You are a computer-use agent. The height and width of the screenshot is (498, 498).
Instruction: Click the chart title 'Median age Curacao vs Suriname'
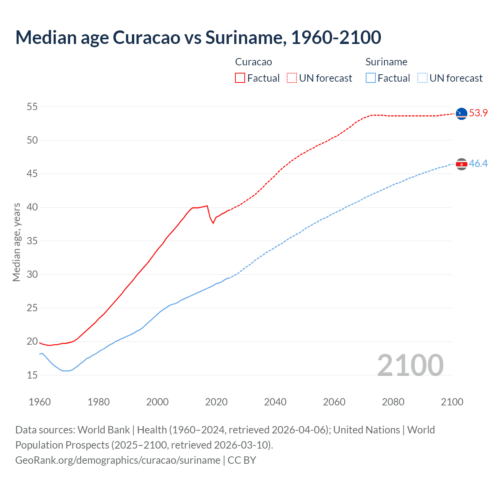click(198, 37)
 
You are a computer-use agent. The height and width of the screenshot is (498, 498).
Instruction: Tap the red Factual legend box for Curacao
click(240, 78)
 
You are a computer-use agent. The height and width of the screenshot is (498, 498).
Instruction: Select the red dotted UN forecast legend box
click(292, 78)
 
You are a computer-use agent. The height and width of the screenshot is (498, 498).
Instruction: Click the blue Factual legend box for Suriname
click(371, 78)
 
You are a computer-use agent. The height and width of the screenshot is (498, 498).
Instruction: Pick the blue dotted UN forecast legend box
click(423, 78)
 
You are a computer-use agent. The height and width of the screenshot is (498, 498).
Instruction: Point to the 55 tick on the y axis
click(32, 107)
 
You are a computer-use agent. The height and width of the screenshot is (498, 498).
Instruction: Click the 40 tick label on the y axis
click(32, 207)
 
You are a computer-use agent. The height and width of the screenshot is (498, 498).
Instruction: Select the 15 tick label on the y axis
click(32, 375)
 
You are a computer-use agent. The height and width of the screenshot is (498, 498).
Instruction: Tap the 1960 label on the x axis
click(40, 402)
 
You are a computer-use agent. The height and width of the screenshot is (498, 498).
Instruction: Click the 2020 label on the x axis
click(216, 402)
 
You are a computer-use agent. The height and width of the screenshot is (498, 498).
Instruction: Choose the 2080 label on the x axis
click(393, 402)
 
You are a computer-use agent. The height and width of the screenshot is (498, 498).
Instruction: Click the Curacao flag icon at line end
click(461, 114)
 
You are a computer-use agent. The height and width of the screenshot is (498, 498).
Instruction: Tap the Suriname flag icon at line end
click(461, 164)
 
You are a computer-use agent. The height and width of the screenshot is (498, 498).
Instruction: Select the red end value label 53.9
click(478, 113)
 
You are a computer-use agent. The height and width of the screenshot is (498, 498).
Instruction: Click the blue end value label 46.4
click(478, 164)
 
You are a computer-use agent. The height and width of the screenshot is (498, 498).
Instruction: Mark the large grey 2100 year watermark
click(410, 365)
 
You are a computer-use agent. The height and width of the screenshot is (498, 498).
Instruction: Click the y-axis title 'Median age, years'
click(16, 242)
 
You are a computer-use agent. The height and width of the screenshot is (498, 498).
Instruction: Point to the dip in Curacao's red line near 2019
click(213, 223)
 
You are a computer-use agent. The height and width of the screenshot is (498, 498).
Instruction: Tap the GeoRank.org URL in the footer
click(117, 460)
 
